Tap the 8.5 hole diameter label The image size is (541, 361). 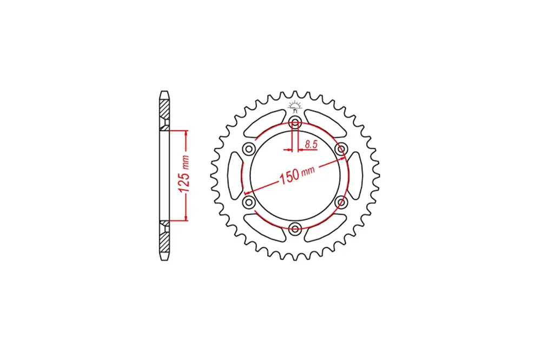click(x=311, y=144)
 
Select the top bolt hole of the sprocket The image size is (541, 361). click(x=295, y=122)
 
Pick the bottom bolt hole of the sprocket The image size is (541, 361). click(x=295, y=229)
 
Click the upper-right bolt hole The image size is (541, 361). click(x=341, y=149)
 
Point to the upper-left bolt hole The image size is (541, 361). click(x=249, y=149)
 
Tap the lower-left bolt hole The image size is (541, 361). click(x=249, y=202)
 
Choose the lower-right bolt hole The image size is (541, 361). click(x=341, y=202)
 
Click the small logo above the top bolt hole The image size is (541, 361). click(x=295, y=106)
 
